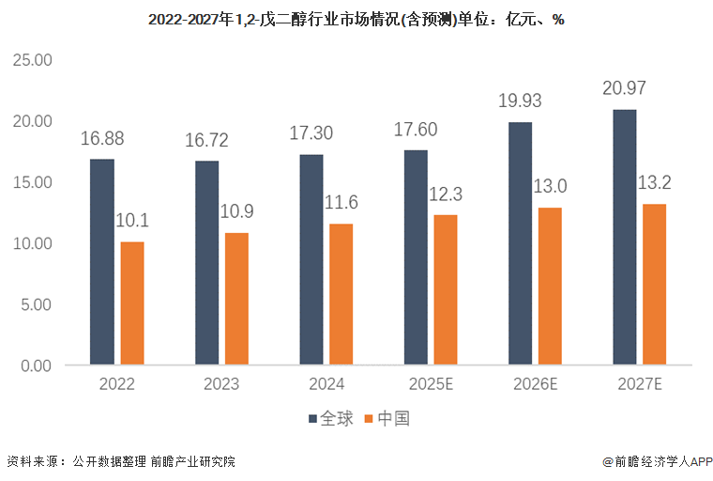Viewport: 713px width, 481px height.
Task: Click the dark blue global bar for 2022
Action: pyautogui.click(x=102, y=261)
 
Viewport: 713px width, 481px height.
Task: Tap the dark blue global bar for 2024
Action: pyautogui.click(x=311, y=259)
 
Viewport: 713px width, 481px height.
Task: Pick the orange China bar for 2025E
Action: pyautogui.click(x=446, y=289)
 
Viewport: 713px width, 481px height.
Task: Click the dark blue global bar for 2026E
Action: pyautogui.click(x=520, y=243)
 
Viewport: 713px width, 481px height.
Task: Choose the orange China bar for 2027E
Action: pyautogui.click(x=654, y=284)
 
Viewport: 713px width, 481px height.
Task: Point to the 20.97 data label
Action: pyautogui.click(x=625, y=88)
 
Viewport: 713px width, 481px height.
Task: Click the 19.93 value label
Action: pyautogui.click(x=521, y=101)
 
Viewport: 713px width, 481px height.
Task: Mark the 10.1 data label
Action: pyautogui.click(x=133, y=221)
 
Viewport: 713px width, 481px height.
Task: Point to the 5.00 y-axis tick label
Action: pyautogui.click(x=35, y=304)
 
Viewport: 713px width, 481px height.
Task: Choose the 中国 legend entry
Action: pyautogui.click(x=387, y=418)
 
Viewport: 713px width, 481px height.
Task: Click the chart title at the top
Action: pyautogui.click(x=356, y=19)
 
